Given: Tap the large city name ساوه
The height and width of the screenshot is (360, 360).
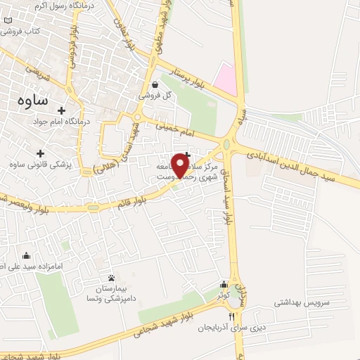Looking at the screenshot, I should pos(32,100).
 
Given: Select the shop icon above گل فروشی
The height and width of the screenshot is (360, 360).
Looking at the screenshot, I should pos(154,84).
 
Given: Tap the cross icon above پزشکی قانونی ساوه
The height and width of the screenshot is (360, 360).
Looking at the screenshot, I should pos(40,153).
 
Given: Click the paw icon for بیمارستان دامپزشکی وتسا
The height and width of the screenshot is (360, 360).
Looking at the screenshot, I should pos(112,276).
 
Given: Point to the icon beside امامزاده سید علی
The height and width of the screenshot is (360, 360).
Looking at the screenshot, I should pos(27,255).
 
